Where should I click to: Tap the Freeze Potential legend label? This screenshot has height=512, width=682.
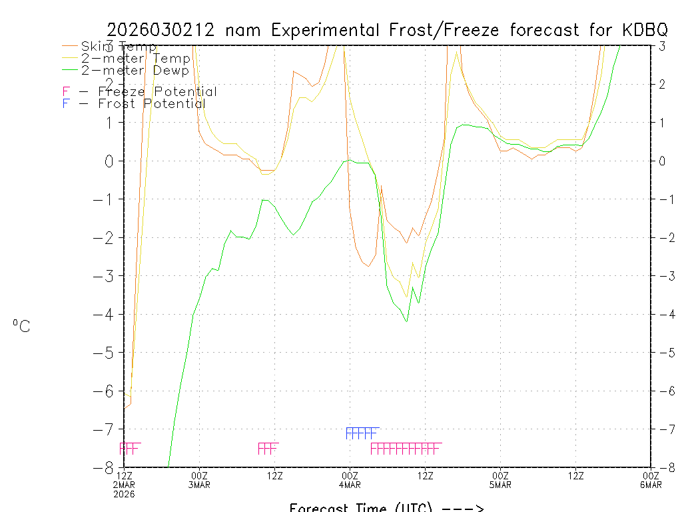coord(157,92)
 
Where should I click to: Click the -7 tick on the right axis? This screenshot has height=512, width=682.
coord(661,429)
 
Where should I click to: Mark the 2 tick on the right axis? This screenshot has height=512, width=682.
coord(662,84)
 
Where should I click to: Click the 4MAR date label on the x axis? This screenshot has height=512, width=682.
coord(350,485)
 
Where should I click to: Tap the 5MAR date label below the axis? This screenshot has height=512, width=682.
coord(500,485)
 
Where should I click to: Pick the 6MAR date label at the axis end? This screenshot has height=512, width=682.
coord(651,485)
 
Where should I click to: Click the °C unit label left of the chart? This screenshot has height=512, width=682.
coord(21,326)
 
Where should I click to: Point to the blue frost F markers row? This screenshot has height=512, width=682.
coord(362,433)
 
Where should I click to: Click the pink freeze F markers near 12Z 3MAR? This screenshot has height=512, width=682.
coord(268,448)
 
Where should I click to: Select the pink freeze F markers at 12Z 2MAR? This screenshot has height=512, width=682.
coord(129,448)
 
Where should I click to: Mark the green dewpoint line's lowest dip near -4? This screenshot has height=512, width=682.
coord(406,321)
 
